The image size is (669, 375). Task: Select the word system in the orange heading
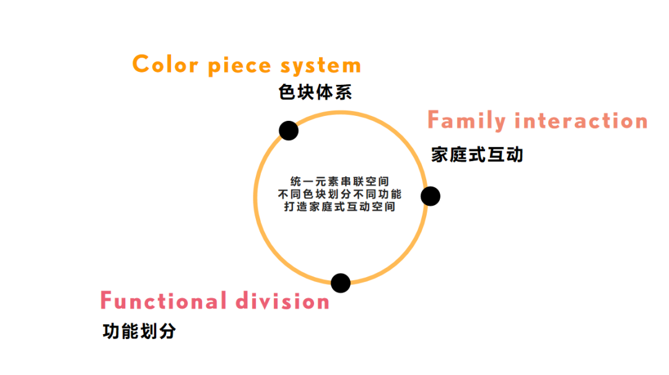320,66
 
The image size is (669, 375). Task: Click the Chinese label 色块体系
315,93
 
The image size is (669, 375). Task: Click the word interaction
582,120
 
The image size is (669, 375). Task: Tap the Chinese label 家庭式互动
478,154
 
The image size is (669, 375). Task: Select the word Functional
163,301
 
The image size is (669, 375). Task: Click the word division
282,301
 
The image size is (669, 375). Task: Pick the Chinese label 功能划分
139,332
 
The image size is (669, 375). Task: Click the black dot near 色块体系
289,131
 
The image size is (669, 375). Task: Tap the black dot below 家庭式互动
431,196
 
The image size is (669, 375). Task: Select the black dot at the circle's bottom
341,283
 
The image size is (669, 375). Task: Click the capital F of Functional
108,301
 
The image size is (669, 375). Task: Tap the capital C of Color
142,64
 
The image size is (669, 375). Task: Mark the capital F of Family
435,120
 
